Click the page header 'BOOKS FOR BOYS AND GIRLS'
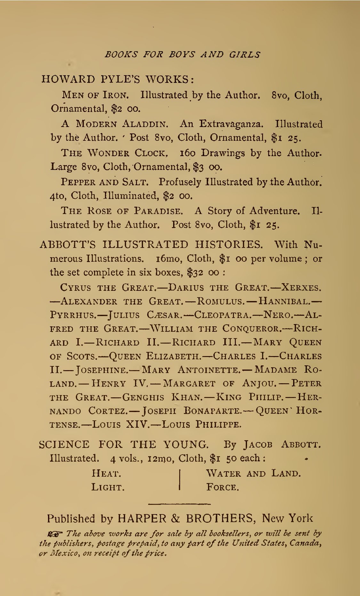(x=182, y=54)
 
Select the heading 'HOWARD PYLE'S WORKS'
(x=117, y=79)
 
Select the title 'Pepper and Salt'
(x=105, y=182)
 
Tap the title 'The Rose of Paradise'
(x=122, y=211)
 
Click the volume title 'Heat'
(x=106, y=473)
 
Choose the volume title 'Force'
(x=222, y=487)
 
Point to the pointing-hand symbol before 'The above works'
(x=55, y=533)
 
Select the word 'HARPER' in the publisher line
(x=142, y=518)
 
